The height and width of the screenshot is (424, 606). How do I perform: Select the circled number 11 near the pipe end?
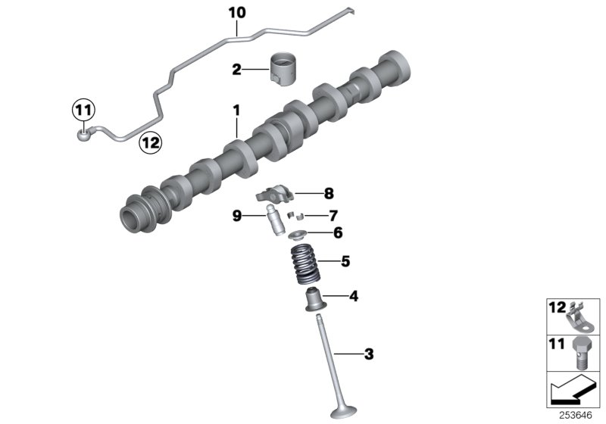click(83, 111)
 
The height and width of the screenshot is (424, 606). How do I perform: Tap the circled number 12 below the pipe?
click(150, 141)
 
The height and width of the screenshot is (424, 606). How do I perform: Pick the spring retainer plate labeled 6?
click(298, 235)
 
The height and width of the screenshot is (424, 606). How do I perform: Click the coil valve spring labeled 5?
click(307, 265)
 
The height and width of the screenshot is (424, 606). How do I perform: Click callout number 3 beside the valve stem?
click(369, 354)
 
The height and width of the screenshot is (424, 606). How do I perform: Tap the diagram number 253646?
click(581, 415)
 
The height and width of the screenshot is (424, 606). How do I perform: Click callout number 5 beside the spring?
click(345, 262)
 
